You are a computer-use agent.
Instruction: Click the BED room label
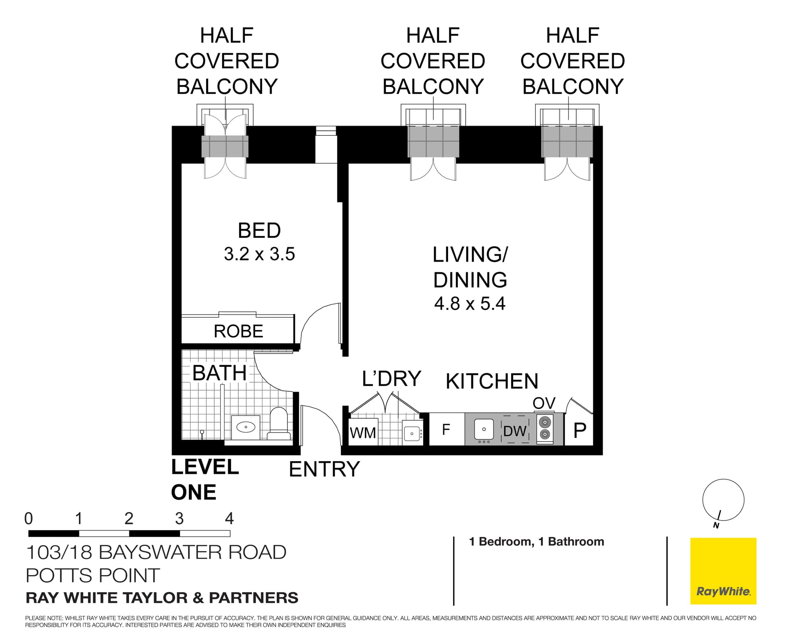pos(259,231)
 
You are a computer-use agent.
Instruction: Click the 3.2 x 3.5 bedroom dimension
pos(259,254)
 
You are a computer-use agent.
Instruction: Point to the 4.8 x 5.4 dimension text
pos(470,303)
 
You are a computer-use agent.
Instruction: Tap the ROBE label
pos(238,331)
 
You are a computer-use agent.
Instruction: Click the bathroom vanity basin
pos(246,427)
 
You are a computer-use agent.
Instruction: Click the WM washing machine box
pos(363,432)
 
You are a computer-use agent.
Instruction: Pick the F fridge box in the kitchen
pos(446,429)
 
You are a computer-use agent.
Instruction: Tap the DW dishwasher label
pos(515,431)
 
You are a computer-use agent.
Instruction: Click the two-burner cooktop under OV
pos(545,428)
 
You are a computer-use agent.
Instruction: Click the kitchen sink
pos(484,429)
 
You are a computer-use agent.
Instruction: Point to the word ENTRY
pos(324,469)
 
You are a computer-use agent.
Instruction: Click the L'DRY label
pos(391,379)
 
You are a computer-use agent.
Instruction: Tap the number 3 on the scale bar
pos(179,518)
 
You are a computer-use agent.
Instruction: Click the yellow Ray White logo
pos(723,571)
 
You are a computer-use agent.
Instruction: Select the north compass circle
pos(723,500)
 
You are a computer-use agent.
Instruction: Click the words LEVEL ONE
pos(204,479)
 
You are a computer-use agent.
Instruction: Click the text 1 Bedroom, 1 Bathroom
pos(536,541)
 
